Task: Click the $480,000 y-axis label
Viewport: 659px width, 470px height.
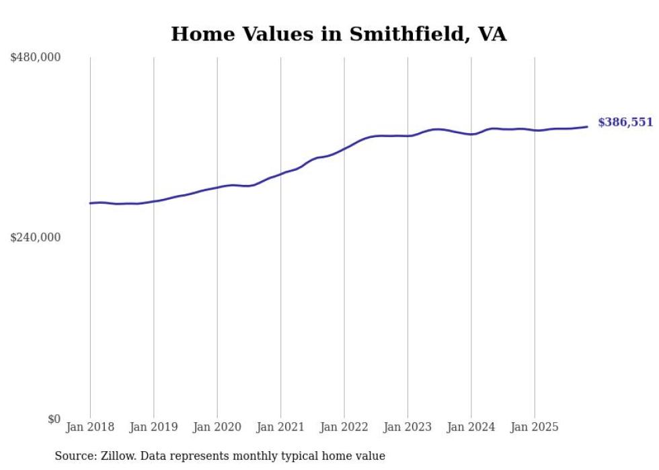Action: coord(36,58)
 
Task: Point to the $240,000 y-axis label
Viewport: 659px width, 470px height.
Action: coord(36,237)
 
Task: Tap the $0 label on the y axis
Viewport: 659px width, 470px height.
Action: coord(54,419)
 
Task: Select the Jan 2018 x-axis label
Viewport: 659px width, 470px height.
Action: coord(90,427)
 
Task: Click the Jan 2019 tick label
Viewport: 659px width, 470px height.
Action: coord(153,427)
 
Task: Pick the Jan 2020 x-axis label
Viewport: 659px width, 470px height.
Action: coord(217,427)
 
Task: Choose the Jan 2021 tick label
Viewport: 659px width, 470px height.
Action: coord(280,427)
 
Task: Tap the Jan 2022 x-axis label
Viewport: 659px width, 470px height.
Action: coord(344,427)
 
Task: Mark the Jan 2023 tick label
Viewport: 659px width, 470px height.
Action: coord(408,427)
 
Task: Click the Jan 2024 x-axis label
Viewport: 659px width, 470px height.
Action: coord(471,427)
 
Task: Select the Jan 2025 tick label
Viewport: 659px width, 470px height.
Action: coord(535,427)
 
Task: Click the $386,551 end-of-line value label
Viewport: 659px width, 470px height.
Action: coord(625,122)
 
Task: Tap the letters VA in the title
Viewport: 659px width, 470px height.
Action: coord(492,34)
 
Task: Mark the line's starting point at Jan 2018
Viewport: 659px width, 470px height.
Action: coord(90,203)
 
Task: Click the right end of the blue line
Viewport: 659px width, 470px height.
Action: coord(587,126)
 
